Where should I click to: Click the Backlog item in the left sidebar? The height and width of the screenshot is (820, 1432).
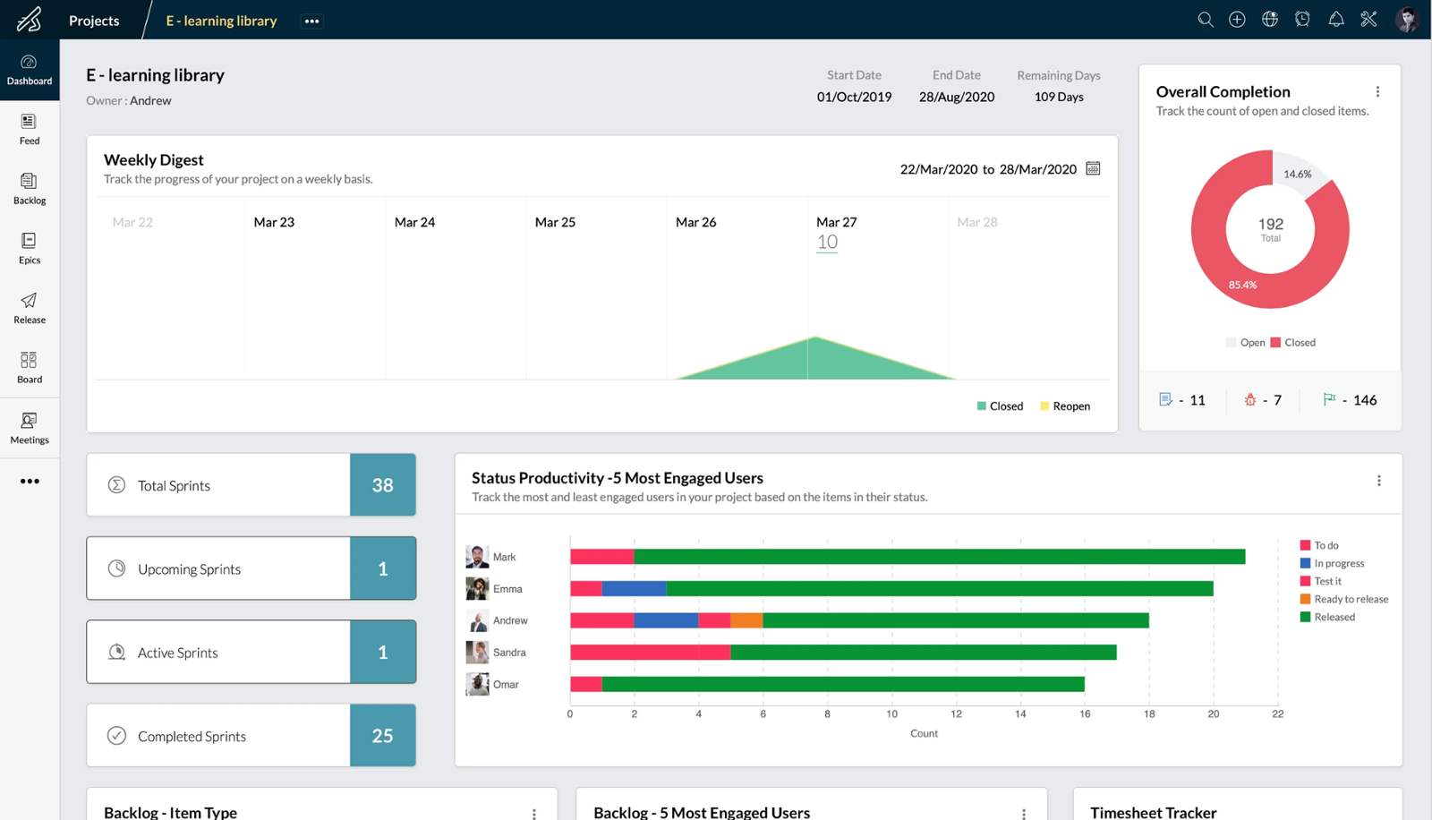pos(30,188)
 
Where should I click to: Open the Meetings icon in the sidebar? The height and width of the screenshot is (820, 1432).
pos(30,427)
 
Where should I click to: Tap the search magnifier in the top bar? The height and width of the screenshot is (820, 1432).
pos(1206,20)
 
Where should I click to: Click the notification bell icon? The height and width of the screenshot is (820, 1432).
pos(1335,20)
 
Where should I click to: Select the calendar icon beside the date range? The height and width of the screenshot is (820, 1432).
pos(1093,168)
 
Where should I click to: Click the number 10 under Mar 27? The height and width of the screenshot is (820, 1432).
pos(827,242)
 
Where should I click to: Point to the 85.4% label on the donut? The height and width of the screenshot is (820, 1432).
pos(1242,285)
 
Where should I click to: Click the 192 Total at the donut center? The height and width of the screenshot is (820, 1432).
pos(1270,228)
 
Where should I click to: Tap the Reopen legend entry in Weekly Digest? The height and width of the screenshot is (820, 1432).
pos(1065,406)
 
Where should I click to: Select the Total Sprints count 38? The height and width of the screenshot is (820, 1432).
pos(382,485)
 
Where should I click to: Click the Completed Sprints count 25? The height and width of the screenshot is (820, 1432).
pos(382,736)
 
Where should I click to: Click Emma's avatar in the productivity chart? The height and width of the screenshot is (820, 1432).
pos(477,588)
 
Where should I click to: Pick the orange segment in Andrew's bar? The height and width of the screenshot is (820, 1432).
pos(746,620)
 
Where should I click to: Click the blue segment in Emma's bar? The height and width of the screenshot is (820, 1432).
pos(634,588)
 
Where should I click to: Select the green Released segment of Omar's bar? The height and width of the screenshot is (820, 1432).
pos(842,684)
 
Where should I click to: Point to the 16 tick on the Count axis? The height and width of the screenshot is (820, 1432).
pos(1085,714)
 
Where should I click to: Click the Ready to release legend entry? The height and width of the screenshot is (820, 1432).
pos(1343,599)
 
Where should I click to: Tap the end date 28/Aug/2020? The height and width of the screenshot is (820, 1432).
pos(956,97)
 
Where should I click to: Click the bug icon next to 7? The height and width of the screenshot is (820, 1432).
pos(1250,400)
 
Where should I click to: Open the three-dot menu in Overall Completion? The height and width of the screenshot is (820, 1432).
pos(1377,91)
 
